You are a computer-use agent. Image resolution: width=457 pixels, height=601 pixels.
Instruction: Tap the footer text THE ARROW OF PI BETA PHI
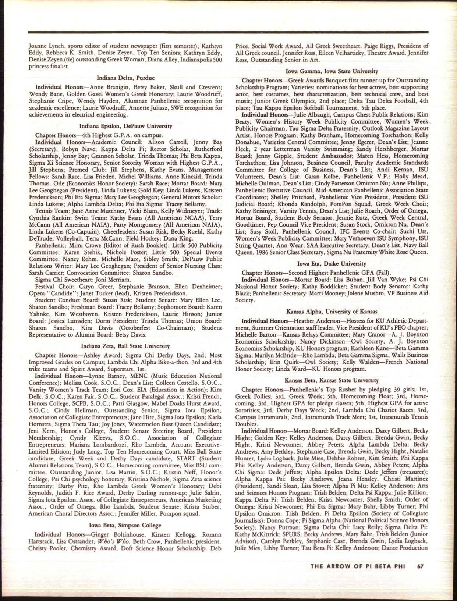click(358, 566)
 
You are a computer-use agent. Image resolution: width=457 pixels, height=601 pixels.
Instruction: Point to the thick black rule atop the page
click(228, 32)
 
